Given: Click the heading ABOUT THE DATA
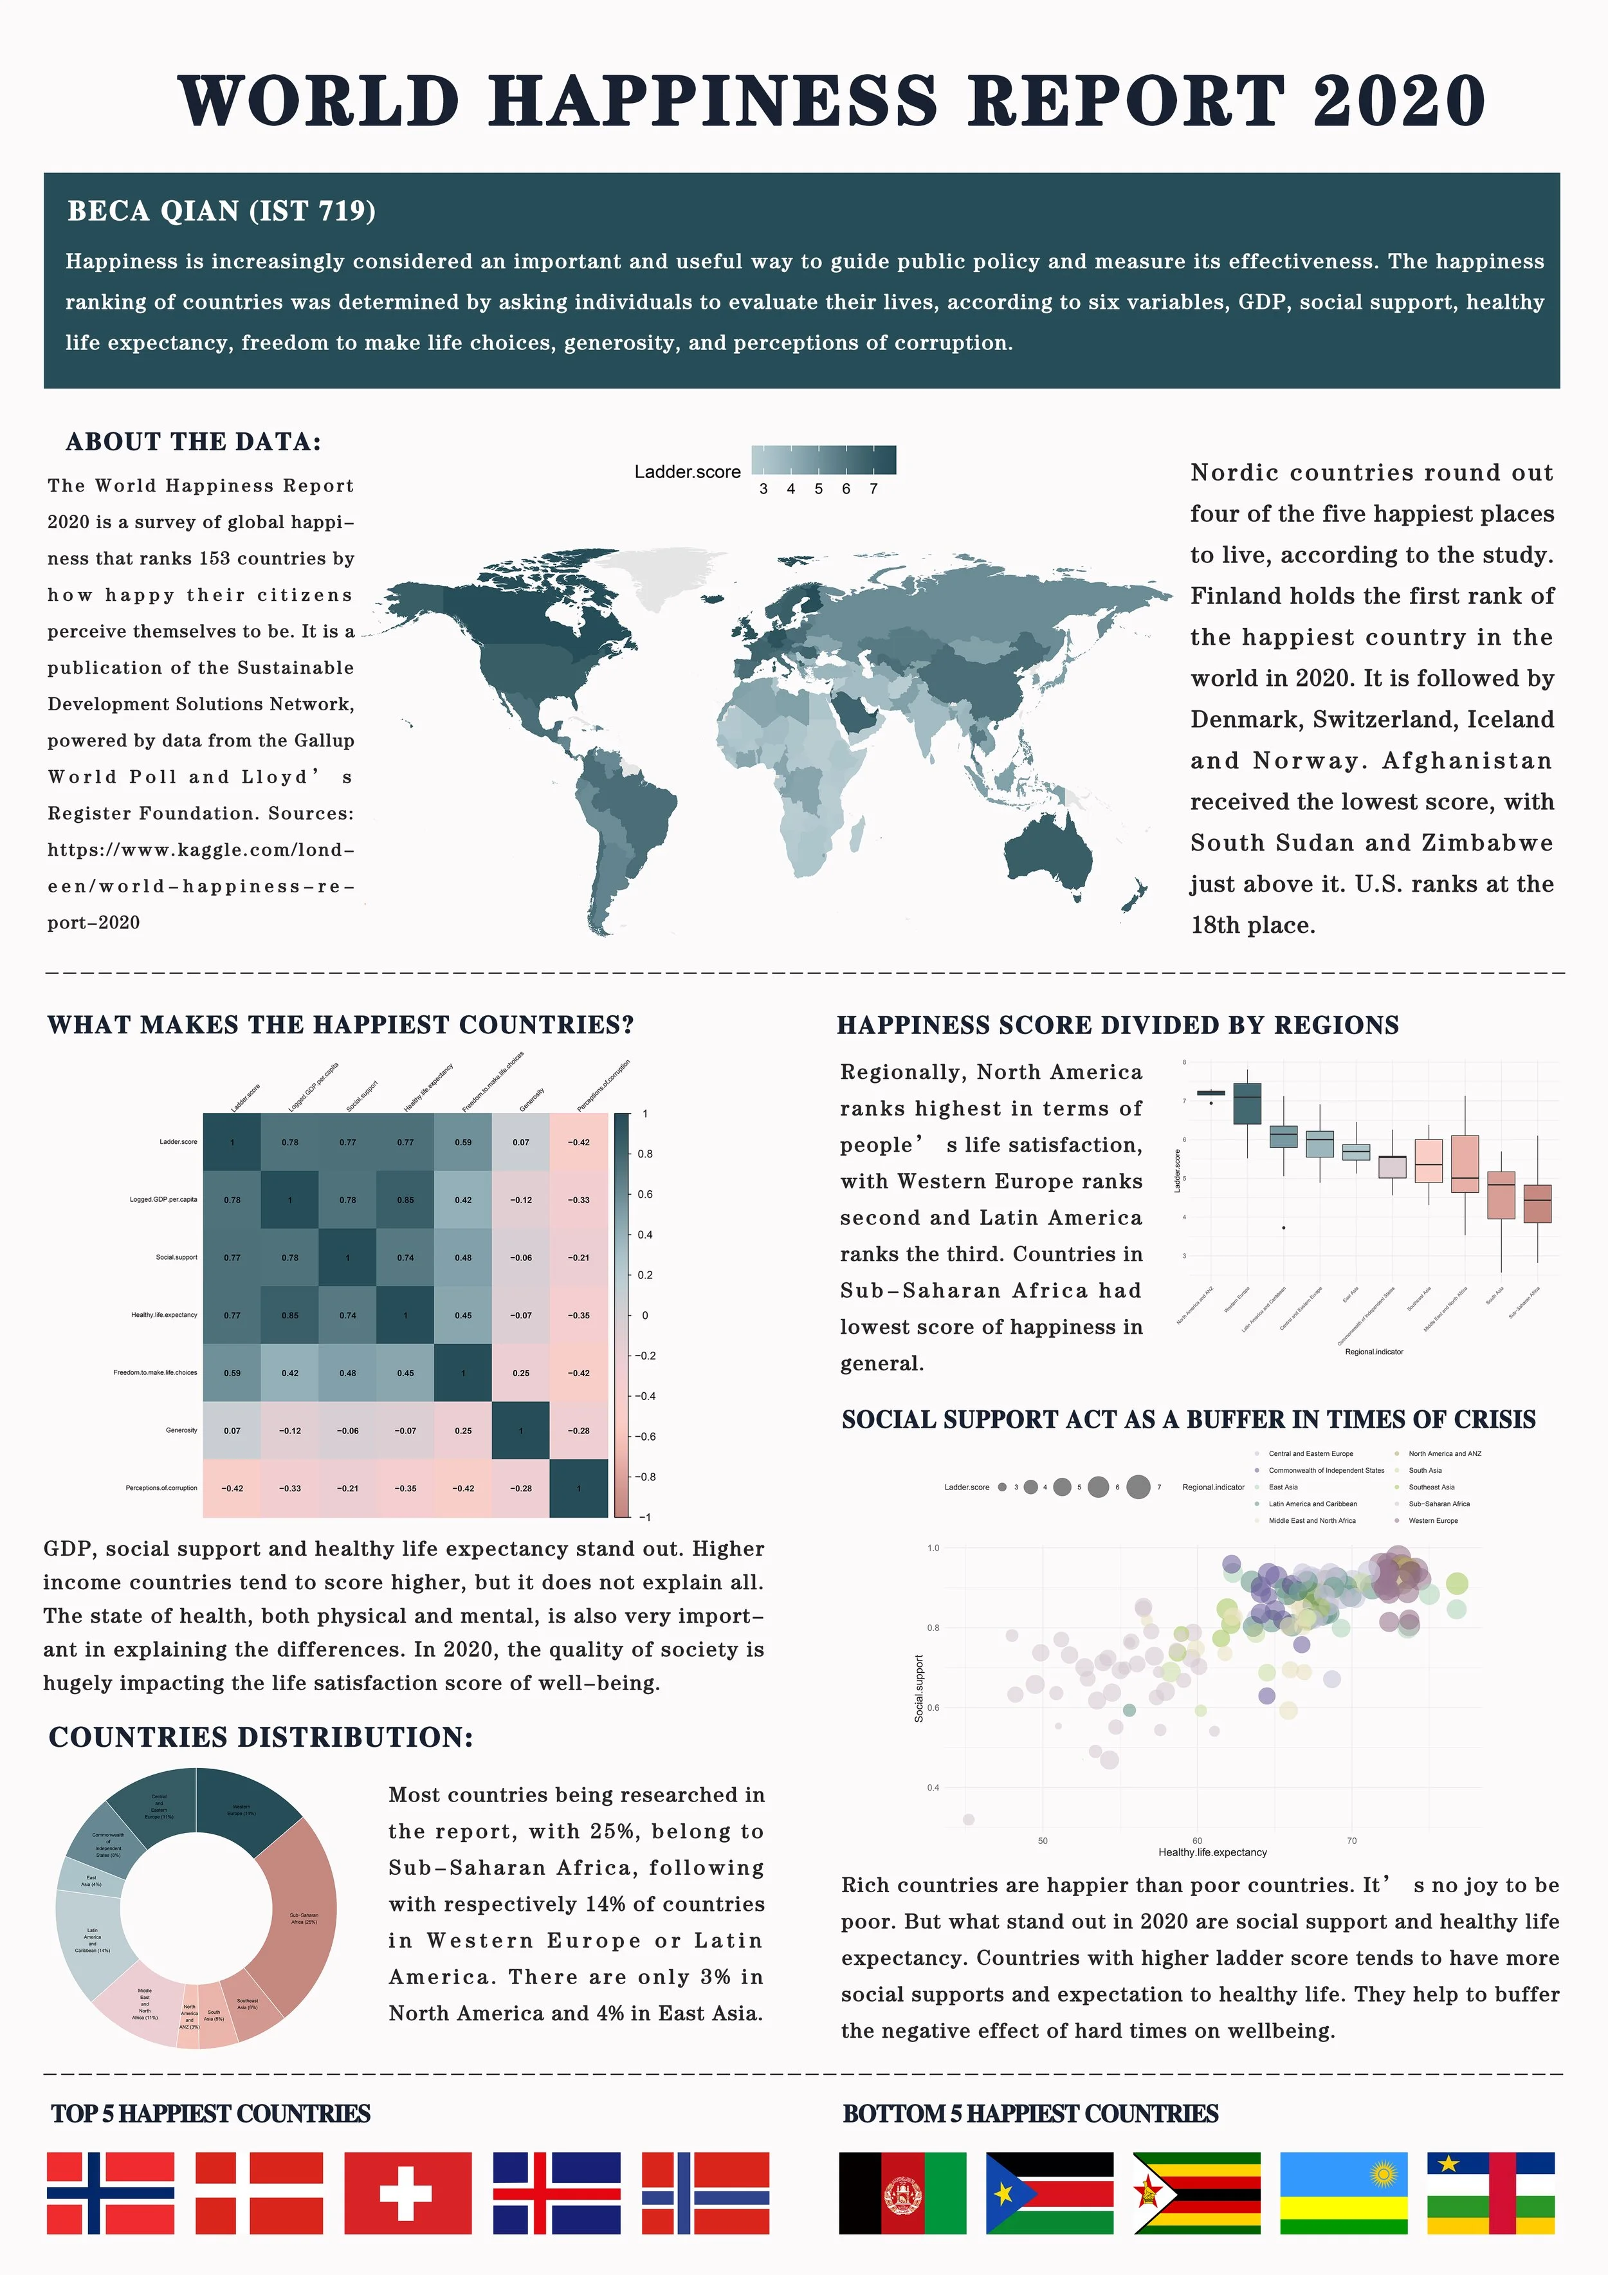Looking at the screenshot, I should pos(193,442).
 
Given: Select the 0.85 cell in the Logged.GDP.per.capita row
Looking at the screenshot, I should pos(405,1200).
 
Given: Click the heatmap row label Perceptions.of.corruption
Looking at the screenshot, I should pos(161,1488).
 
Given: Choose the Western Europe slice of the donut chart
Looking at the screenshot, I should pos(242,1809).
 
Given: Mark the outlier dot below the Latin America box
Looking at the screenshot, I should pos(1284,1228).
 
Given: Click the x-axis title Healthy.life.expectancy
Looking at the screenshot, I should pos(1212,1852).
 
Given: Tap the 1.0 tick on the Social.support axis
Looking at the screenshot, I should pos(933,1548).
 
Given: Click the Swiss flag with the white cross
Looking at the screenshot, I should pos(407,2193).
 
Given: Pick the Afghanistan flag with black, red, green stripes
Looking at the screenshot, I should pos(902,2193).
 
